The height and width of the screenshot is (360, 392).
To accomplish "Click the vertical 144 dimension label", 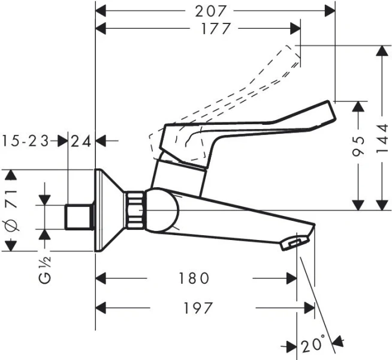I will (380, 145).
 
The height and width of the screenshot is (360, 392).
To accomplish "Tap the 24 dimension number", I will (82, 142).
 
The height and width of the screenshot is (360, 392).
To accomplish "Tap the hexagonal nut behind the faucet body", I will (136, 211).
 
